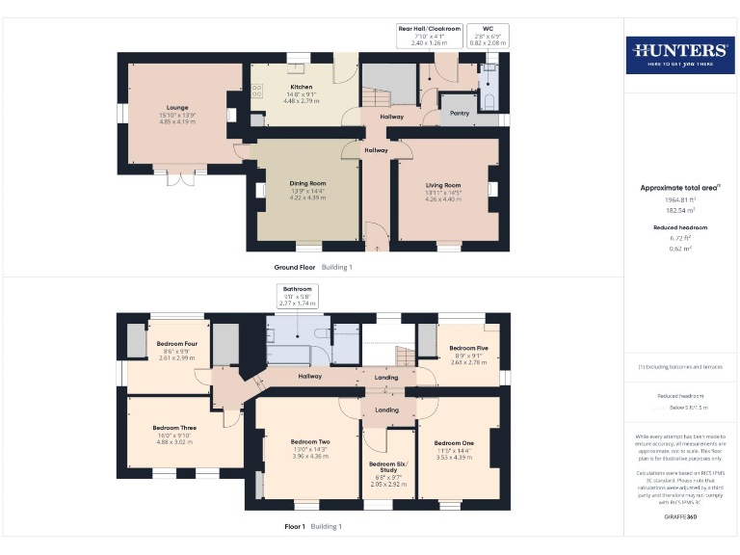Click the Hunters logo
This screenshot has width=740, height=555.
pos(680,55)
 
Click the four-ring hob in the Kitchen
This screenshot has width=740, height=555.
pos(257,92)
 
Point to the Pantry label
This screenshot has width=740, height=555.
pos(460,113)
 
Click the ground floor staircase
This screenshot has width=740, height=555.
pos(376,98)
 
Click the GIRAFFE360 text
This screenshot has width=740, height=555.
pos(680,517)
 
